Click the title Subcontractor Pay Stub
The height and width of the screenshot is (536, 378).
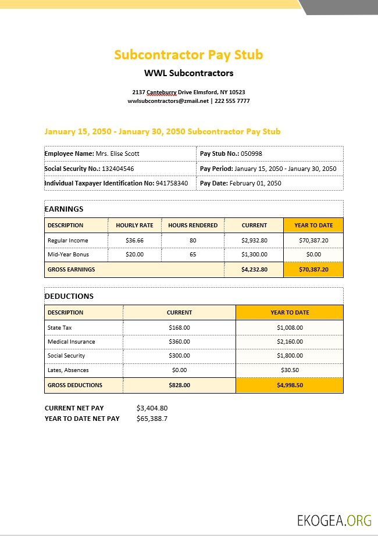[x=188, y=55]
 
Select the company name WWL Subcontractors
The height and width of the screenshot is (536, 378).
[x=188, y=73]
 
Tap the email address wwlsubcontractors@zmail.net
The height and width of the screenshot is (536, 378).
[x=168, y=101]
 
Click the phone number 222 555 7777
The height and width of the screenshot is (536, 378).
[x=232, y=101]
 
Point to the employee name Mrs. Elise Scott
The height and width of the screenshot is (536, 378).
[x=117, y=153]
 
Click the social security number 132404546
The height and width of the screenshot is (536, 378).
[x=118, y=169]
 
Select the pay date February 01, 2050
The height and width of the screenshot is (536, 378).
[x=255, y=183]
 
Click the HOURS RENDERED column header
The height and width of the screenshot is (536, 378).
[x=192, y=226]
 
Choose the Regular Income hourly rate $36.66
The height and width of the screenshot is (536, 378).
[x=134, y=240]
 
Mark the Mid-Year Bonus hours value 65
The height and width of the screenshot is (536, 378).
[x=192, y=255]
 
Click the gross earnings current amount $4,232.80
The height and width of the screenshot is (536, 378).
[x=254, y=270]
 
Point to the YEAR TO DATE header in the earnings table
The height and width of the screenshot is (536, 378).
[x=313, y=226]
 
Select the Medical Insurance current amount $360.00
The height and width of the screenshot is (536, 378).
[x=179, y=342]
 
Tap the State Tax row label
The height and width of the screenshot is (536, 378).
[x=60, y=328]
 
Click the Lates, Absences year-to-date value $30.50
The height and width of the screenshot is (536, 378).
[x=290, y=370]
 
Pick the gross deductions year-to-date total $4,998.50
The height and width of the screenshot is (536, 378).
[x=290, y=385]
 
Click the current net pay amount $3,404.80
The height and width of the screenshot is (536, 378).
[x=152, y=408]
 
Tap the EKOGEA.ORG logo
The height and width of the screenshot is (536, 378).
[x=334, y=520]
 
